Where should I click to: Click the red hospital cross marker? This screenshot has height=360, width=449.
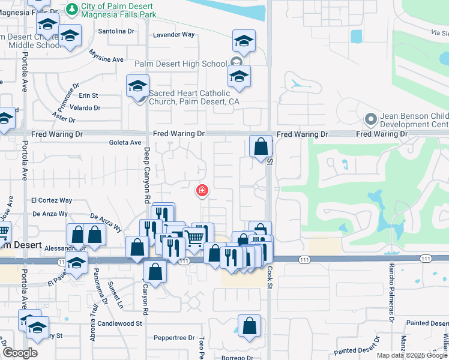pyautogui.click(x=202, y=191)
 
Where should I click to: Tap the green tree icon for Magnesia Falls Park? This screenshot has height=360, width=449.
pyautogui.click(x=72, y=8)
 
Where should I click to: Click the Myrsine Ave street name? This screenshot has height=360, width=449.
pyautogui.click(x=106, y=59)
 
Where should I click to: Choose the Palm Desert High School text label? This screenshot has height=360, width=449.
pyautogui.click(x=181, y=64)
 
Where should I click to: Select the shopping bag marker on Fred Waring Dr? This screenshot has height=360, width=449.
pyautogui.click(x=261, y=146)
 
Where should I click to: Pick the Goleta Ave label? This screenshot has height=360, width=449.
pyautogui.click(x=125, y=143)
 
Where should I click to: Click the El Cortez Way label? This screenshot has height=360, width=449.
pyautogui.click(x=52, y=200)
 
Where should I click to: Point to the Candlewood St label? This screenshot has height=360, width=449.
pyautogui.click(x=122, y=323)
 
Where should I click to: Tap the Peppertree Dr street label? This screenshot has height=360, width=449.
pyautogui.click(x=174, y=338)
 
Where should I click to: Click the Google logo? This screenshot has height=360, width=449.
pyautogui.click(x=19, y=353)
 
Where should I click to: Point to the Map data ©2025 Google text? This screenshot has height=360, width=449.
pyautogui.click(x=411, y=355)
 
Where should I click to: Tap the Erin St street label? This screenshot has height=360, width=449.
pyautogui.click(x=88, y=95)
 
